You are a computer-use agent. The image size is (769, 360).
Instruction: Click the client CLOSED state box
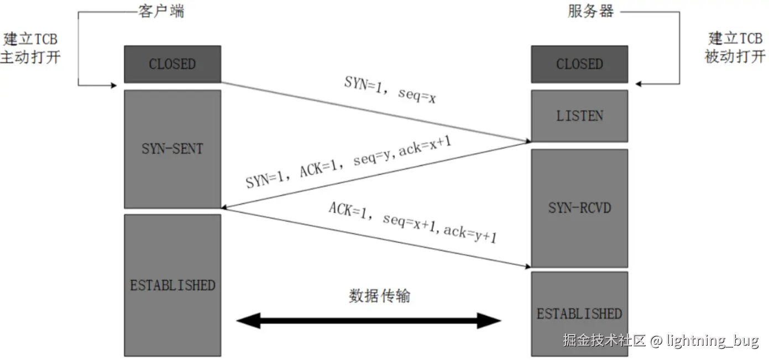172,64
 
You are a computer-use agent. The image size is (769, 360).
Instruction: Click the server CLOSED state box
579,64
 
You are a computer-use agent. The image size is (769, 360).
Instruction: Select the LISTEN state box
579,116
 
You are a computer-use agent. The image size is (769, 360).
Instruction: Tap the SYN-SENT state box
172,149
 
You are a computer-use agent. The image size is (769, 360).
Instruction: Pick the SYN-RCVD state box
579,208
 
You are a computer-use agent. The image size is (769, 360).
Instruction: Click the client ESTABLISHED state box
172,285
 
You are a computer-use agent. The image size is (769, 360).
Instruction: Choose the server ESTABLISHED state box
579,314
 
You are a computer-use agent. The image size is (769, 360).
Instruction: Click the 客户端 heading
160,11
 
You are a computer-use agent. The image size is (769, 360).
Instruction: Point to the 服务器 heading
590,11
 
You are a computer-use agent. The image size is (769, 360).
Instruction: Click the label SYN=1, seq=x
390,90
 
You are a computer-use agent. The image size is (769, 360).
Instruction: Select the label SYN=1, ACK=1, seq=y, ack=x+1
349,162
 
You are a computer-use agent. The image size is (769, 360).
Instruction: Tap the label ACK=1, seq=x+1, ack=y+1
412,223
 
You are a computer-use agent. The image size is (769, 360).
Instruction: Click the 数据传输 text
379,296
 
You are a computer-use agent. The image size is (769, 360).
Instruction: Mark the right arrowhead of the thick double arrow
489,320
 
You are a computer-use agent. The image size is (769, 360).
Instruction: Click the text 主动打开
30,57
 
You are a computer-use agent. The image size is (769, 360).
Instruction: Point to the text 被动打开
735,56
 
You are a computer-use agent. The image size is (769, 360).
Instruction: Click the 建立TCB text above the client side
30,39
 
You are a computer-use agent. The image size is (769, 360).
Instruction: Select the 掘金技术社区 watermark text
604,340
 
